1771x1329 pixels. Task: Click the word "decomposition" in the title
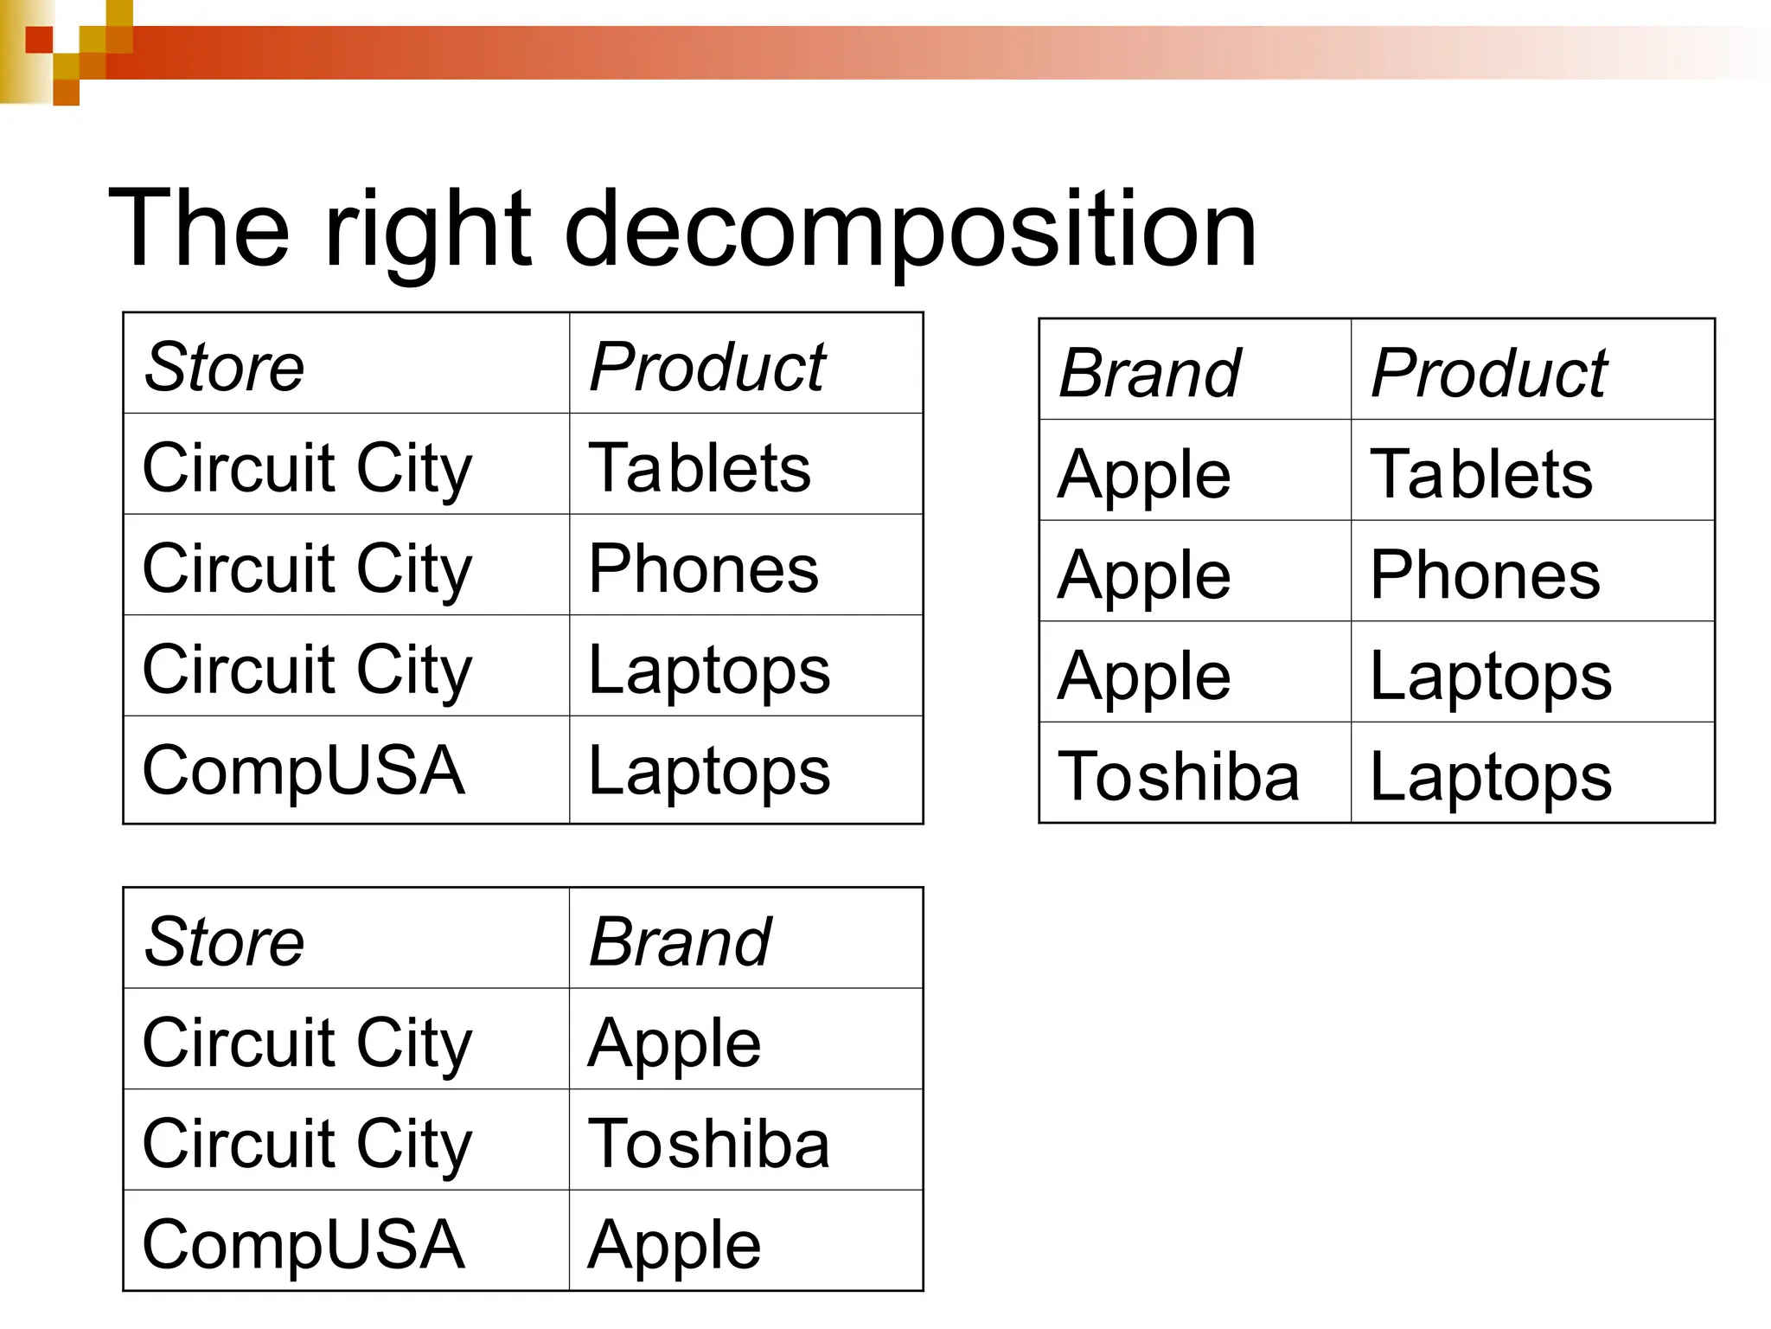point(910,230)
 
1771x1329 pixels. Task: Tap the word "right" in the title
point(427,230)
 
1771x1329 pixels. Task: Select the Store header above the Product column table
point(224,367)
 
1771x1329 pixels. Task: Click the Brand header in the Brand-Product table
point(1150,373)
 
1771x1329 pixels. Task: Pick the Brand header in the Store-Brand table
point(680,941)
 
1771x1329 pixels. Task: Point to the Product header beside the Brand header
point(1489,373)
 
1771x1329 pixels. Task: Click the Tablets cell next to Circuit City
point(700,467)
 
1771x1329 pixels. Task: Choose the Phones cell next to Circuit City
point(703,568)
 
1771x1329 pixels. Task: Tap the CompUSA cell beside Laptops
point(304,770)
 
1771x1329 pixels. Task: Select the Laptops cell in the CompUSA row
point(709,770)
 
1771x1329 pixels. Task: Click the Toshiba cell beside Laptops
point(1179,776)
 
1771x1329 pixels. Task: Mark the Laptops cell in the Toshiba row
point(1491,776)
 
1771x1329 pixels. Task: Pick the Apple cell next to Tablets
point(1144,474)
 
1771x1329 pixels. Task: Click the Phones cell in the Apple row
point(1485,575)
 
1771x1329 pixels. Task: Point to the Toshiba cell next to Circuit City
point(709,1143)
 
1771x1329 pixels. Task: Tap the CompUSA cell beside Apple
point(304,1243)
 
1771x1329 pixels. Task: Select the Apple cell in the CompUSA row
point(675,1243)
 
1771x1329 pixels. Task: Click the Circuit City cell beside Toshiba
point(307,1143)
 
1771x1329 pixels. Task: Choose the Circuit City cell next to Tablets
point(307,467)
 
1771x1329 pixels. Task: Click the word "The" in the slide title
point(199,230)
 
